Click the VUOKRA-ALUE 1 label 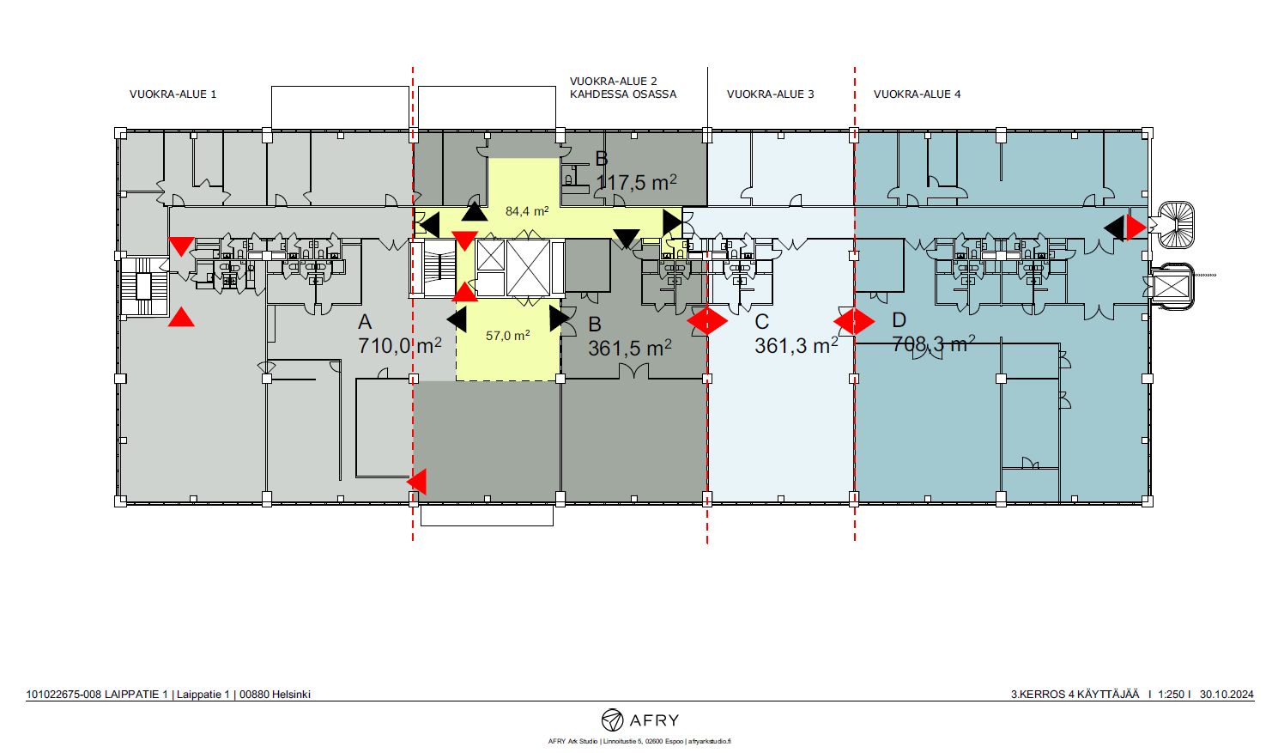173,94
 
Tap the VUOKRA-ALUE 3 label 770,94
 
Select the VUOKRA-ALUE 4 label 917,94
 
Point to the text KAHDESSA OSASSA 623,94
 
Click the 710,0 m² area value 399,345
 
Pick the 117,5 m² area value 636,182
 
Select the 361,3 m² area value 796,345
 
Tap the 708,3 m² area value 934,343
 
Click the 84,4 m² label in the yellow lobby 527,211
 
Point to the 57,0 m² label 508,336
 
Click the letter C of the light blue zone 761,322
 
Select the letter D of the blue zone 899,320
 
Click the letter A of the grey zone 365,323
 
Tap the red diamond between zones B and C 707,321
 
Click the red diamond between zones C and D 854,321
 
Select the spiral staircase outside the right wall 1175,225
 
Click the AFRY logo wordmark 654,720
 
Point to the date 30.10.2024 1227,695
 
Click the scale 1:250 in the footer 1172,695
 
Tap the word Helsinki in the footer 291,695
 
